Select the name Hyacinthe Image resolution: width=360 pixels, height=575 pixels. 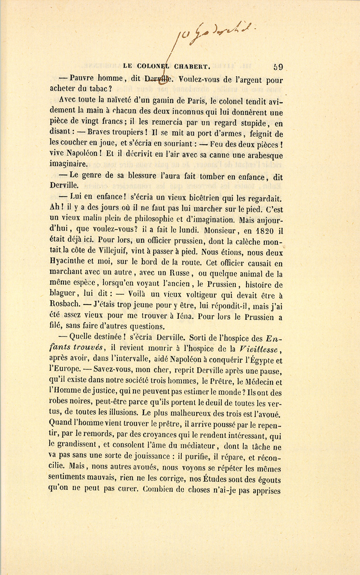68,264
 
